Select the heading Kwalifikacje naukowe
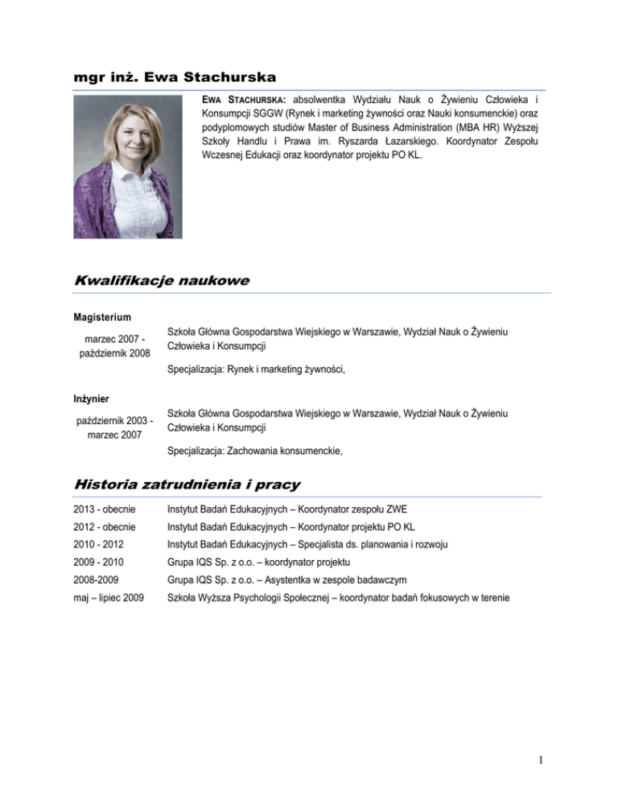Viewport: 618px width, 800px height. point(161,281)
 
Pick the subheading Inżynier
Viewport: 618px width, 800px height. point(89,398)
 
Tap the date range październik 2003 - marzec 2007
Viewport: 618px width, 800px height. point(114,427)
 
